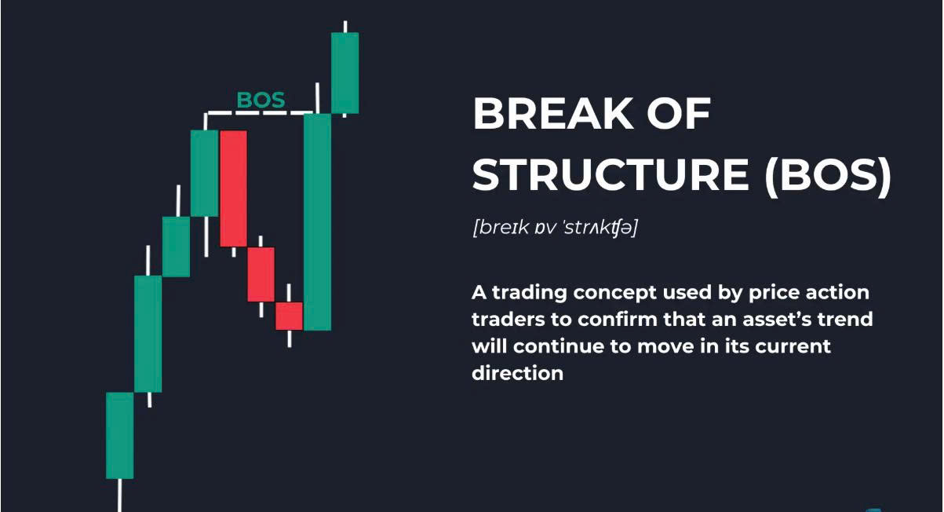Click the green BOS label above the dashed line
261,100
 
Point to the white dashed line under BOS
259,113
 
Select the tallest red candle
234,188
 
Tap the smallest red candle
289,316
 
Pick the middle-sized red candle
261,275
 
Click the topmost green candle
344,73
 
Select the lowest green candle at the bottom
120,436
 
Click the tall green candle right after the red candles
317,221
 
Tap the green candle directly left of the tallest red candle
204,174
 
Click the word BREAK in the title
552,113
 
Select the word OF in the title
679,113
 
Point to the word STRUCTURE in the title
611,174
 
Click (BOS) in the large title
828,175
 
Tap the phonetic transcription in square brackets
556,228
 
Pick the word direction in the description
518,373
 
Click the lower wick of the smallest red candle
289,338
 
